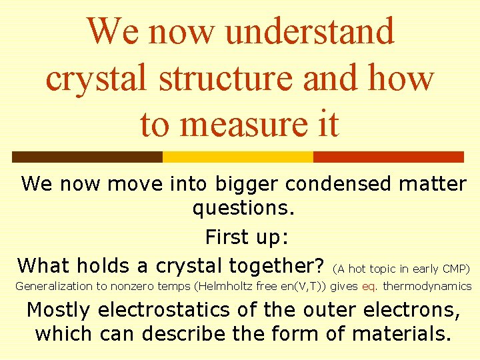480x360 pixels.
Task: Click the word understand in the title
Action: click(310, 31)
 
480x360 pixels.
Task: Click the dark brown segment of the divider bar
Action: click(87, 157)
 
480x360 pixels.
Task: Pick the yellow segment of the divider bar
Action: click(238, 157)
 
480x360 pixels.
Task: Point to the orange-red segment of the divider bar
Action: click(388, 157)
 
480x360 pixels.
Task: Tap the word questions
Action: click(243, 209)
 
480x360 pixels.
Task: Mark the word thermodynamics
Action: click(427, 287)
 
